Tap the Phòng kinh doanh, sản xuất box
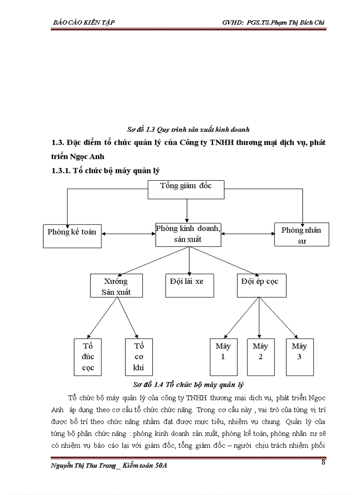[x=188, y=234]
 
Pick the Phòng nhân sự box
[x=301, y=234]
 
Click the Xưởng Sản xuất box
[x=116, y=286]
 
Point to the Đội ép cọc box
[x=260, y=285]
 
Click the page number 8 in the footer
[x=323, y=462]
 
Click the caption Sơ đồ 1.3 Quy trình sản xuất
[x=188, y=130]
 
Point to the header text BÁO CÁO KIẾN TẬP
[x=84, y=22]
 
